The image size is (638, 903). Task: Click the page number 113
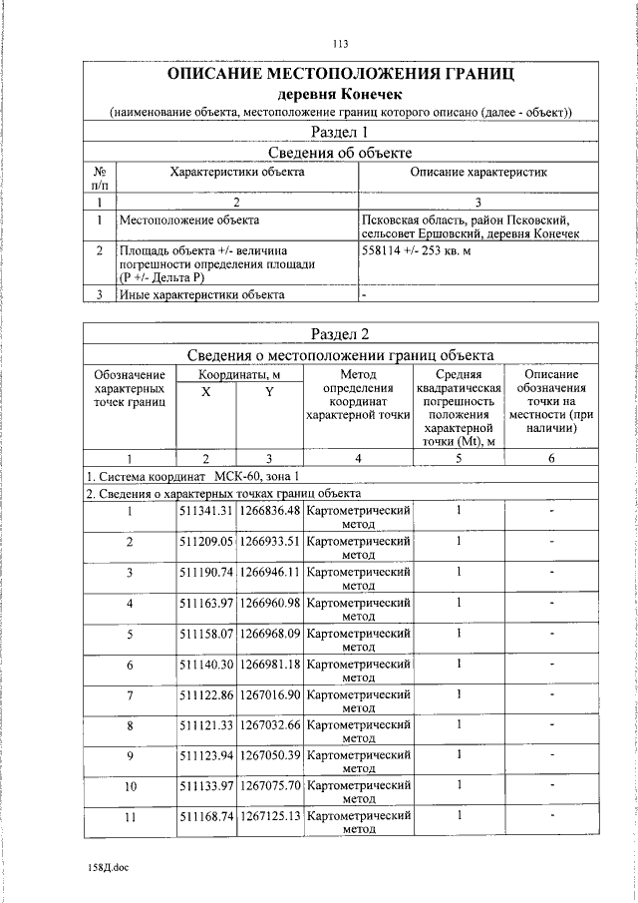(x=341, y=43)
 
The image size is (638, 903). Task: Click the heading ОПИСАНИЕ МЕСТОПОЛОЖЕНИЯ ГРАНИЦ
(x=341, y=74)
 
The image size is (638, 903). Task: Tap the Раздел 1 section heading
(x=341, y=132)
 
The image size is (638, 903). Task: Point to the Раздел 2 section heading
(x=341, y=333)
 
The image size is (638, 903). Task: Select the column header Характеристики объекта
(x=237, y=173)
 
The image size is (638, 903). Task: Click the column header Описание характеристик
(x=478, y=173)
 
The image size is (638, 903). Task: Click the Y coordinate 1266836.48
(x=269, y=511)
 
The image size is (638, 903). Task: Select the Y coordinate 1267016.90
(x=269, y=694)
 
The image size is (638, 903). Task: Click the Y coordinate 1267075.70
(x=269, y=786)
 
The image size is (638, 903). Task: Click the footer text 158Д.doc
(x=108, y=868)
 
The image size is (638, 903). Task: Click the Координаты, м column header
(x=237, y=374)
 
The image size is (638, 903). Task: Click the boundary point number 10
(x=130, y=786)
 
